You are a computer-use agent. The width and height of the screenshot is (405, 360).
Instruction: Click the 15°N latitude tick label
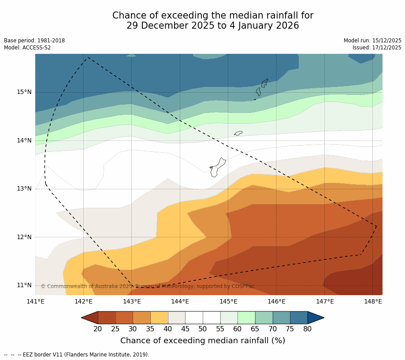click(x=24, y=92)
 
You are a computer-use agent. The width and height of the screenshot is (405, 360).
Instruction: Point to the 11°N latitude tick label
click(x=24, y=285)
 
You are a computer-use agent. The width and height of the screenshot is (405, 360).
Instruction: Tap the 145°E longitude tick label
click(x=228, y=302)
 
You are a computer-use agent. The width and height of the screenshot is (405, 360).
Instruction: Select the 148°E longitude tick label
click(x=373, y=302)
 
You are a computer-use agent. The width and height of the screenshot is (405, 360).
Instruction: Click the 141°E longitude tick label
click(x=35, y=302)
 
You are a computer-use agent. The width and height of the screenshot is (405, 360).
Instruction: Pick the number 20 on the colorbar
click(x=98, y=329)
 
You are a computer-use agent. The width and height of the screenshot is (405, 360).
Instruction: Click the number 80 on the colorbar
click(x=307, y=329)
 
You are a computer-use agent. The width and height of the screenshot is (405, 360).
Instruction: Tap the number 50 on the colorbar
click(x=203, y=329)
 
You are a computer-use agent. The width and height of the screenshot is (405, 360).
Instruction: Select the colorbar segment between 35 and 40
click(x=159, y=318)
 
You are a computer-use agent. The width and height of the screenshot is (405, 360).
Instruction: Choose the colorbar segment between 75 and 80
click(x=299, y=318)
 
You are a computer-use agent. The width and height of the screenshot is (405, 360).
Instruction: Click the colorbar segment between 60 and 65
click(x=246, y=318)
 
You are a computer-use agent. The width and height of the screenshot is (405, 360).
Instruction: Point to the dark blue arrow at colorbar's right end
click(x=316, y=318)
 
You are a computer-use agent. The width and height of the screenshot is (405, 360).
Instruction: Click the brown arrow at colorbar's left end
click(x=90, y=318)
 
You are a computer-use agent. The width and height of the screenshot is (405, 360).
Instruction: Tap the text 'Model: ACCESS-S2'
click(x=27, y=48)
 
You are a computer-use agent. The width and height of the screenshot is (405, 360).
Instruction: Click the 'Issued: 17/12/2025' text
click(x=377, y=48)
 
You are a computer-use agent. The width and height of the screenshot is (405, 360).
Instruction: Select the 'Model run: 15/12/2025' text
click(x=372, y=41)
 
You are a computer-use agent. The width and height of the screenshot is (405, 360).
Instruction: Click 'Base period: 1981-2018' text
click(x=34, y=41)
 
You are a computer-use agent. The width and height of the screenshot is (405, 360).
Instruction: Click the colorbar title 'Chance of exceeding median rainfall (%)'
click(x=203, y=341)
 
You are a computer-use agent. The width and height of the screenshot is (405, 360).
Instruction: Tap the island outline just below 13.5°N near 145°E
click(x=217, y=167)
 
